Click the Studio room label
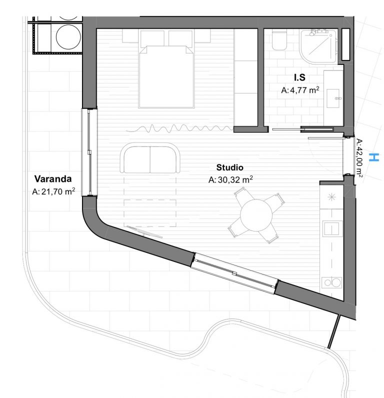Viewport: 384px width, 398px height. coord(229,167)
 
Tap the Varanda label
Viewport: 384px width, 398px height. coord(53,179)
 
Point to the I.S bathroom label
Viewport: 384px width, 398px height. coord(299,77)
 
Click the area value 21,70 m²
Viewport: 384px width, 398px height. coord(58,191)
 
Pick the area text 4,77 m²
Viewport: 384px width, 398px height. coord(304,90)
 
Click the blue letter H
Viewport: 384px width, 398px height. coord(374,157)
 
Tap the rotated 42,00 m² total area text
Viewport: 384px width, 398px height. coord(359,157)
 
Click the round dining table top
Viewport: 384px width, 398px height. coord(256,215)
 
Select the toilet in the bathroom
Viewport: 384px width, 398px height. coord(279,40)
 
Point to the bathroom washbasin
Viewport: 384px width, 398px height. coord(332,98)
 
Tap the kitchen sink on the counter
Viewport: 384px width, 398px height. coord(332,228)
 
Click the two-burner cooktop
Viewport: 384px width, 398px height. coord(331,282)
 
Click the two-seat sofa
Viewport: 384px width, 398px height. coord(150,158)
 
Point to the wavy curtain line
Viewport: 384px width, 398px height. coord(179,128)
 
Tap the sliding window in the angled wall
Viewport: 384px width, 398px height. coord(234,273)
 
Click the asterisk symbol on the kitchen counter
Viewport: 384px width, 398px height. coord(331,197)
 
